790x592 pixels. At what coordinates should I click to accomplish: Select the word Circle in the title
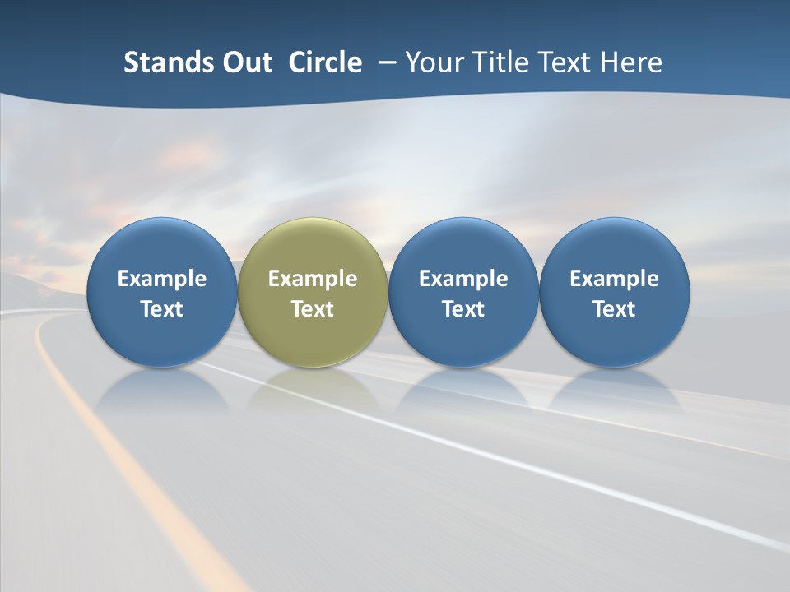[325, 62]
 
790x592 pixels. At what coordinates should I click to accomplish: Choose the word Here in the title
[632, 62]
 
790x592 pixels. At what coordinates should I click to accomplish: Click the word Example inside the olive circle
[313, 279]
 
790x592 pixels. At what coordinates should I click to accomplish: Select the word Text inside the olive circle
[313, 309]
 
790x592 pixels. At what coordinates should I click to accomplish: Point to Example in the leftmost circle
[161, 279]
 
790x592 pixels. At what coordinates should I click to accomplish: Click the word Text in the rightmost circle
[614, 309]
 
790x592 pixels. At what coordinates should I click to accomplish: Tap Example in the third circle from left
[463, 279]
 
